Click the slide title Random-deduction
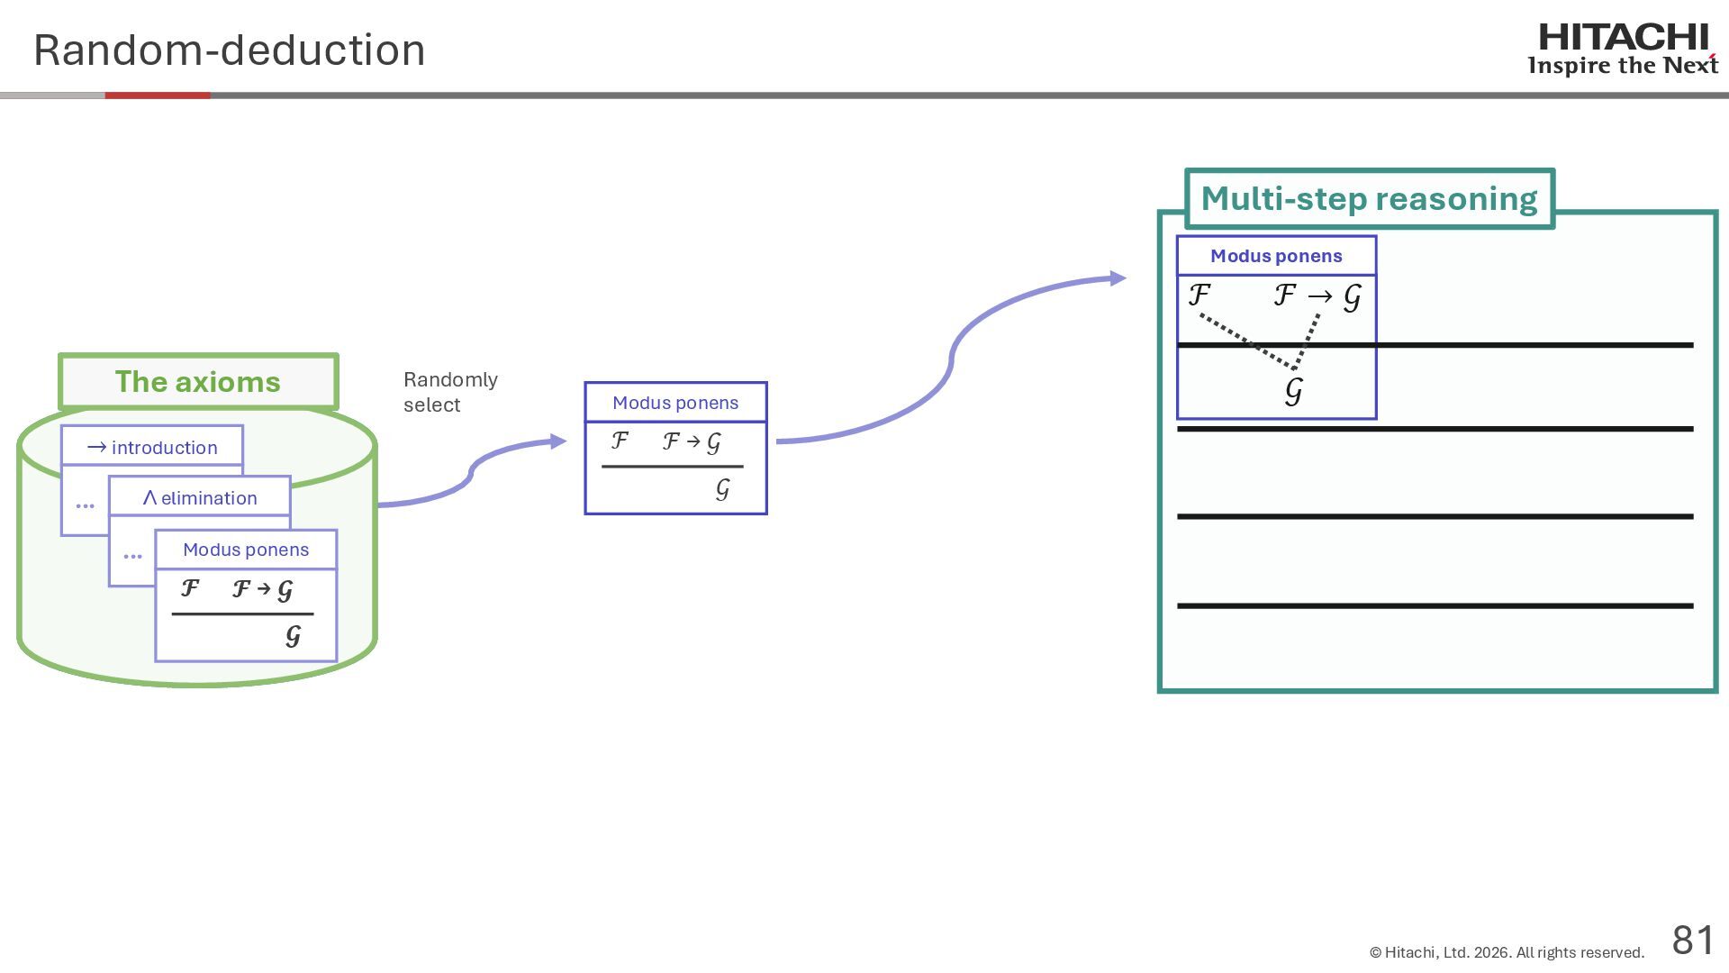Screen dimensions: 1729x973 click(229, 50)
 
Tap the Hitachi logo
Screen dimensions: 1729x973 click(1623, 49)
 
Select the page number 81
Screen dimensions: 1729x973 click(1693, 940)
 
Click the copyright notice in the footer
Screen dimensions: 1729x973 click(1507, 952)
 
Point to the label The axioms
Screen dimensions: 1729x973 click(198, 382)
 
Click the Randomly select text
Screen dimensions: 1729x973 click(450, 392)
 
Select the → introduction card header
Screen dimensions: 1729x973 click(152, 447)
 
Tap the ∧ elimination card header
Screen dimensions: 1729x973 click(200, 497)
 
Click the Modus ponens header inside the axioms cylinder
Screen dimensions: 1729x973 click(246, 550)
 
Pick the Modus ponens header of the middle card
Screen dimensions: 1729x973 click(675, 403)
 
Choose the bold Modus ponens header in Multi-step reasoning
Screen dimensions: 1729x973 click(1276, 256)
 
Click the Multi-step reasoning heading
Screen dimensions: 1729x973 click(1369, 199)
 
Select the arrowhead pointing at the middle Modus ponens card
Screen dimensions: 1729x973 click(558, 441)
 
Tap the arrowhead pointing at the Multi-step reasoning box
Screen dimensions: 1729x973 click(1118, 278)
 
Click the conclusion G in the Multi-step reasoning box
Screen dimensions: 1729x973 click(1294, 391)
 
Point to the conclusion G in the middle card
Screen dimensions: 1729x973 click(722, 489)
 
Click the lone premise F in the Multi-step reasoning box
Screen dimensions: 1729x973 click(1199, 295)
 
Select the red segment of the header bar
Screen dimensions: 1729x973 click(158, 95)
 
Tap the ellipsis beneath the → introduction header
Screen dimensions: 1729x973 click(86, 505)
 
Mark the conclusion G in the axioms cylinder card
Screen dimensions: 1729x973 click(293, 637)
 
